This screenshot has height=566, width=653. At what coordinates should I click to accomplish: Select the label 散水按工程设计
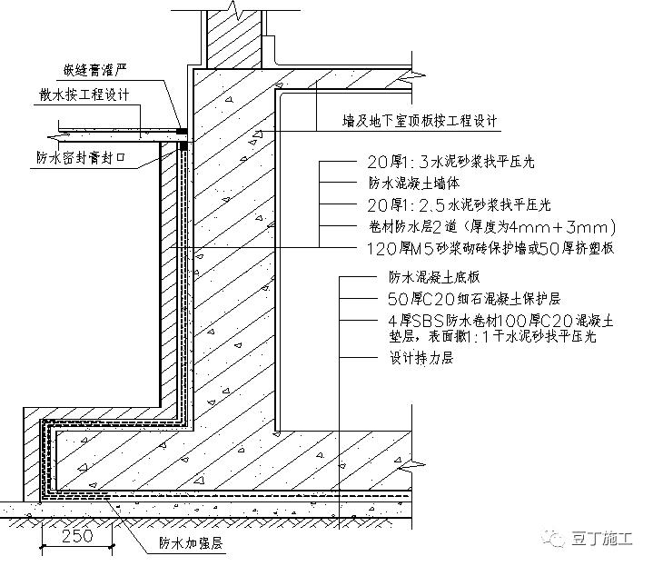click(84, 94)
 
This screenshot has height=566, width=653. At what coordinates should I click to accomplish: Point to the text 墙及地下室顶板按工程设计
click(420, 121)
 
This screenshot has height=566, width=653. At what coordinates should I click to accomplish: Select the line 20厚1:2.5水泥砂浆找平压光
click(452, 205)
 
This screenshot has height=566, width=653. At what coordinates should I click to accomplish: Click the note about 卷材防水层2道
click(487, 226)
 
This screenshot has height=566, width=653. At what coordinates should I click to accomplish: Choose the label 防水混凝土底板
click(422, 279)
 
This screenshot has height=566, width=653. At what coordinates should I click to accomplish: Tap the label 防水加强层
click(192, 544)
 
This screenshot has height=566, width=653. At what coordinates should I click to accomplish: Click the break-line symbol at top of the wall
click(233, 10)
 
